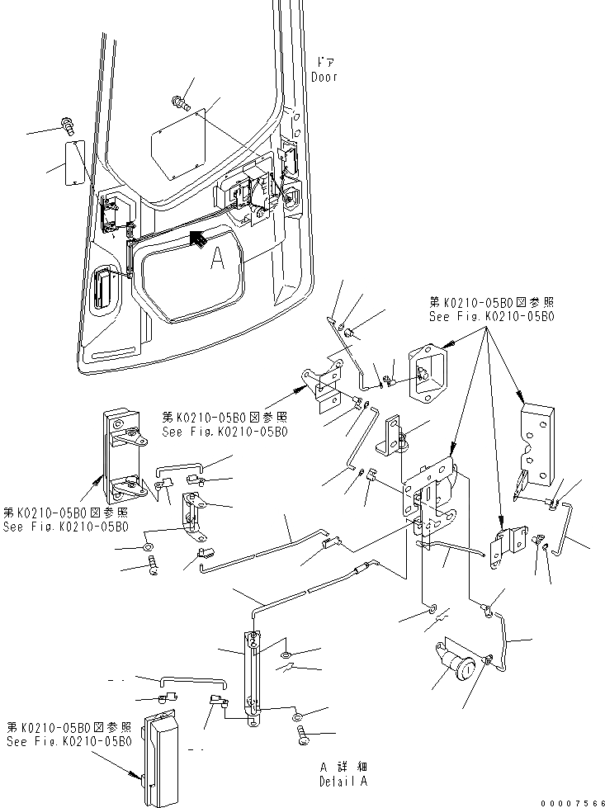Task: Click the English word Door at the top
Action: pyautogui.click(x=324, y=77)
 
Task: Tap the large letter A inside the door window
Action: pyautogui.click(x=217, y=260)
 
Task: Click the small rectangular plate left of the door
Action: pyautogui.click(x=77, y=163)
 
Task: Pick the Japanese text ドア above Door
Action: pyautogui.click(x=324, y=62)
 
